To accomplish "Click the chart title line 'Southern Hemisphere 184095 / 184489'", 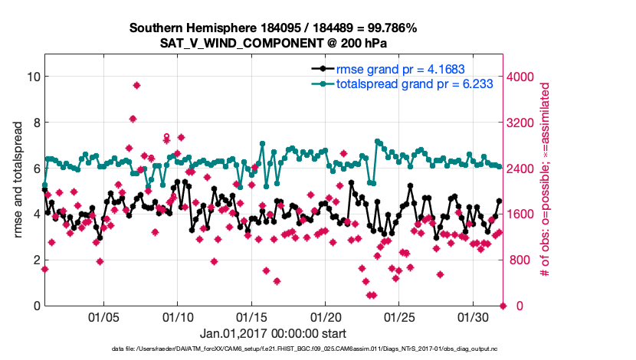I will point(273,29).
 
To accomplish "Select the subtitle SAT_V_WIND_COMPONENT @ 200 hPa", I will point(273,43).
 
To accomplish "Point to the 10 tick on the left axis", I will point(33,77).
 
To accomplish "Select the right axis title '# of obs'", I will point(545,180).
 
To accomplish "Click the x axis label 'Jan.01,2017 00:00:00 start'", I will point(273,333).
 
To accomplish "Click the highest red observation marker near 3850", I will point(136,85).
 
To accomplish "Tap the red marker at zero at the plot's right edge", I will point(503,306).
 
